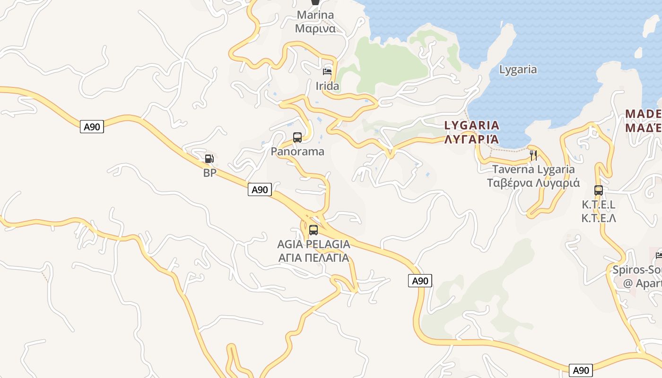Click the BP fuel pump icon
click(209, 159)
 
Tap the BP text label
click(209, 173)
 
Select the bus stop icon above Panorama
click(297, 137)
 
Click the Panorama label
click(297, 152)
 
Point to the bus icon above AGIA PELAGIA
click(313, 230)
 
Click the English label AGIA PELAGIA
click(314, 244)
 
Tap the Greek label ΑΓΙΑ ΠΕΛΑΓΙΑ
click(314, 258)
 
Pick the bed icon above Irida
click(327, 72)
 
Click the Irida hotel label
click(327, 86)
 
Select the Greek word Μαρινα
click(315, 28)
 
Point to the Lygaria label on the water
click(518, 69)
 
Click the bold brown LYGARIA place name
click(472, 125)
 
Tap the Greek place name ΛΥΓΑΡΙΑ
click(472, 139)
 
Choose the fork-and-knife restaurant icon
click(533, 155)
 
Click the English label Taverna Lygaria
click(533, 169)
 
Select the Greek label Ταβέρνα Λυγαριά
click(533, 183)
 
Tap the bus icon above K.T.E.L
click(598, 190)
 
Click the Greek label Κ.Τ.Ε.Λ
click(599, 218)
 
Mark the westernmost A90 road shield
click(92, 127)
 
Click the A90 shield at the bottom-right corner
click(580, 370)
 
